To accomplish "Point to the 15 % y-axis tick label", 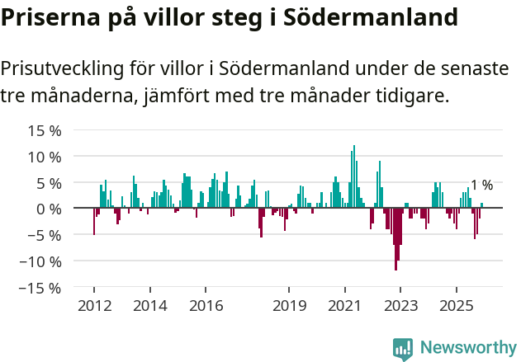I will click(45, 130).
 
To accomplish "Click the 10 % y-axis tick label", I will click(45, 157).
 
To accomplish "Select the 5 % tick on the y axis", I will click(50, 182).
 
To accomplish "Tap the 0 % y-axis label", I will click(50, 209).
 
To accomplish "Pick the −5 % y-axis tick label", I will click(45, 235).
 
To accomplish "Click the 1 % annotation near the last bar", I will click(481, 186).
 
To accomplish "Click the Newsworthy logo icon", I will click(403, 348).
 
